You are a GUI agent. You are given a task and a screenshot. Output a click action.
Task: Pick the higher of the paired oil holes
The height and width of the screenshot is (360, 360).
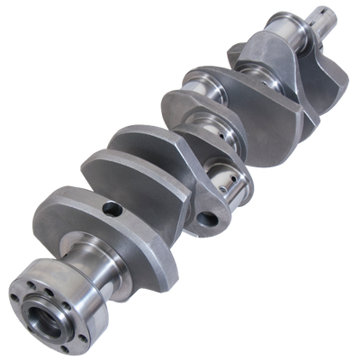coord(217,159)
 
